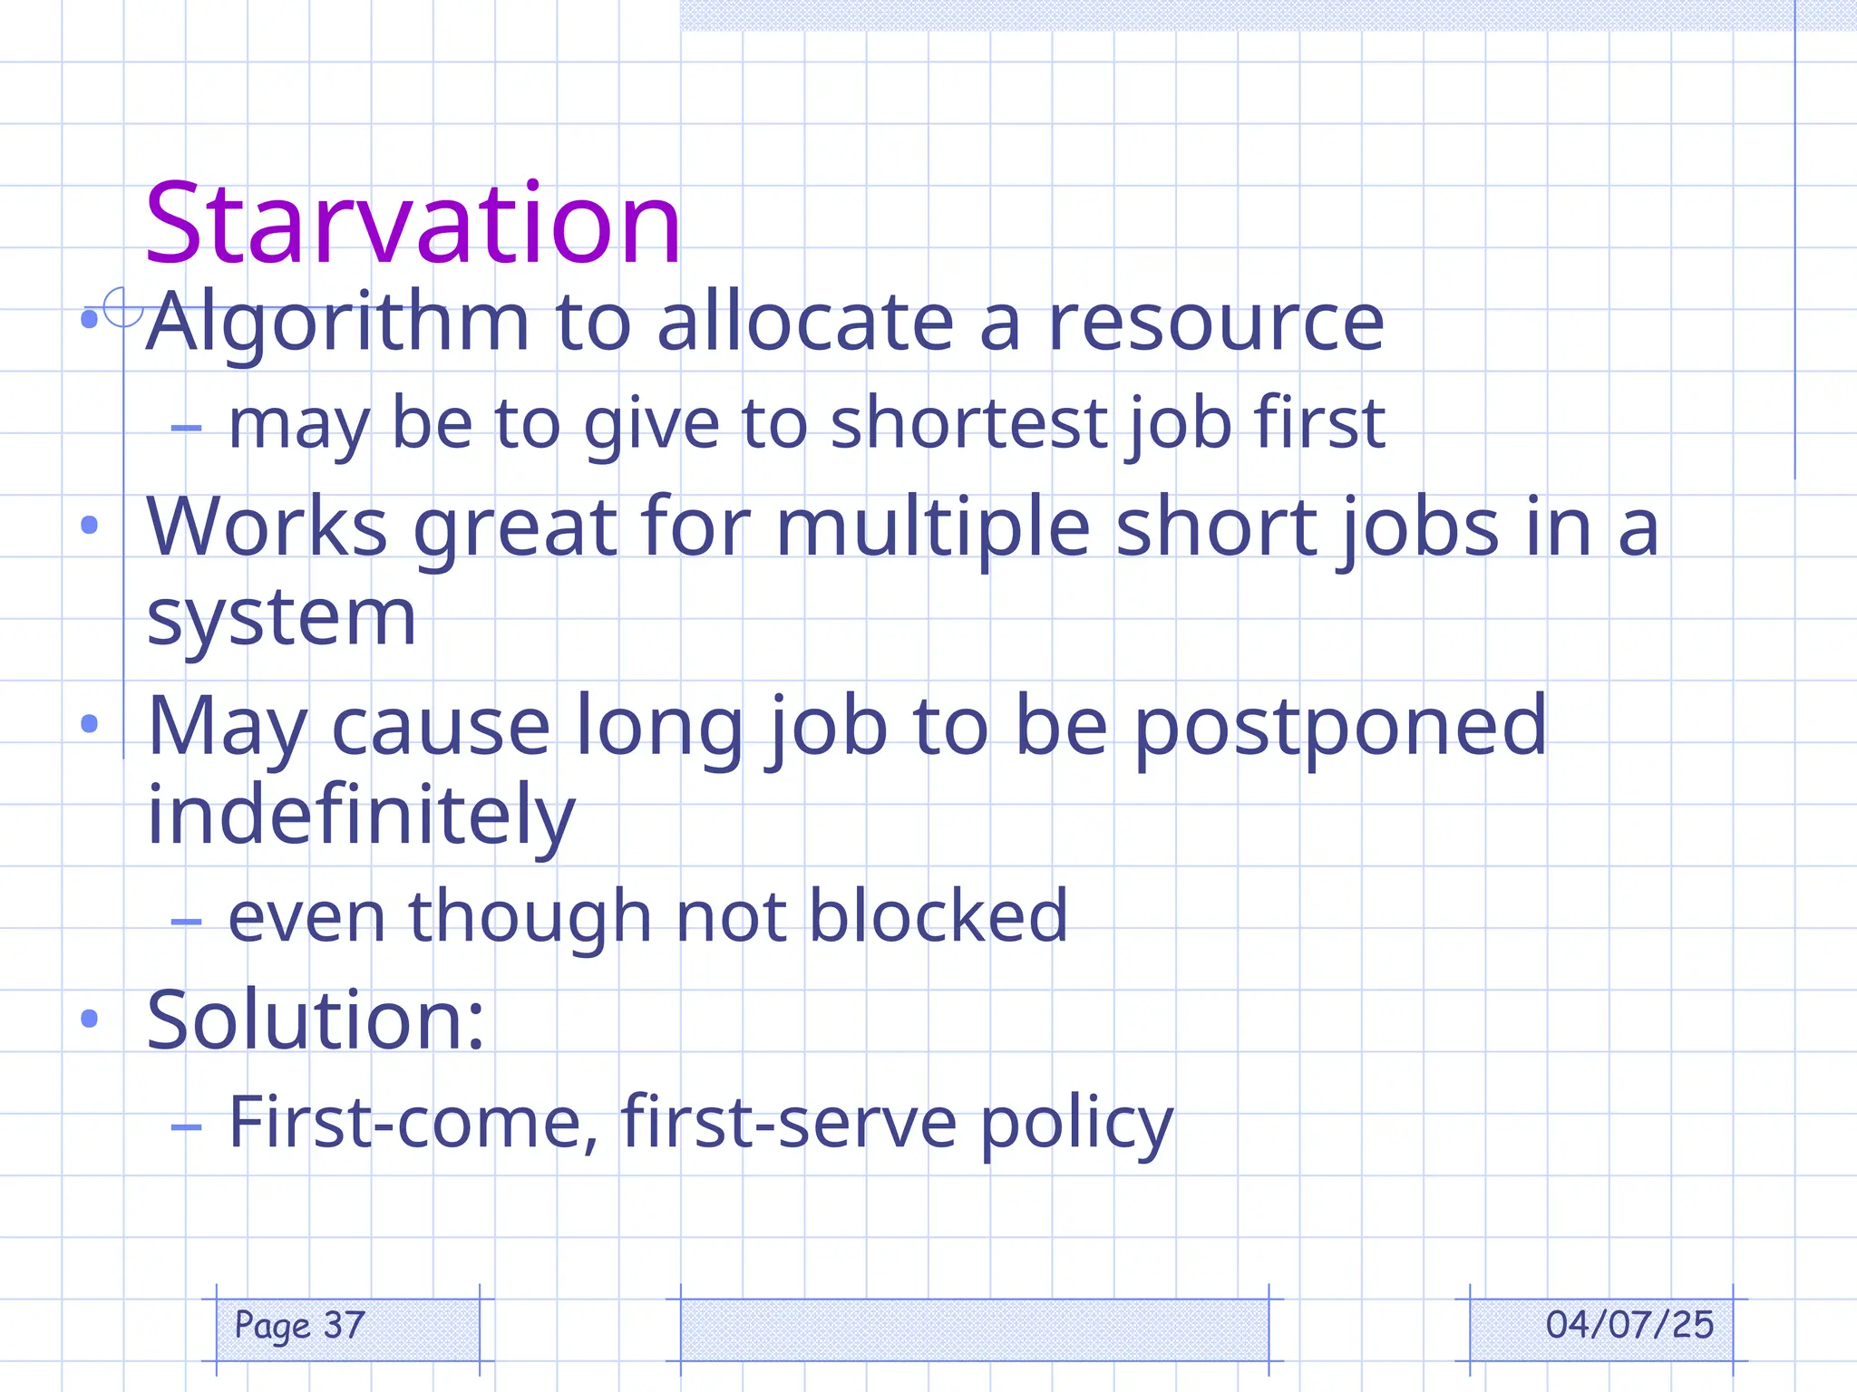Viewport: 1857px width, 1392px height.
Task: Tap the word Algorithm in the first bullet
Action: (338, 323)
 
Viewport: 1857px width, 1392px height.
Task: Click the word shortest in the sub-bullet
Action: (969, 423)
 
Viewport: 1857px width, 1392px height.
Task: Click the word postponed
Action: (1340, 726)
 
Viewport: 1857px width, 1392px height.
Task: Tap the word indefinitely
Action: (361, 815)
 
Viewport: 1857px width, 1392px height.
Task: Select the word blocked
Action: (938, 916)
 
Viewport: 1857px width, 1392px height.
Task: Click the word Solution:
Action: (316, 1020)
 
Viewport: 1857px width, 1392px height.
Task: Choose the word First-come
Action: (413, 1122)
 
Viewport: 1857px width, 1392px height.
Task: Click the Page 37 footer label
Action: (300, 1326)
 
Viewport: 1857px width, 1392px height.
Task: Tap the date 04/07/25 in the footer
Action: (1629, 1325)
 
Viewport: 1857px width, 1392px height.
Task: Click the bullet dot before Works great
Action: (89, 525)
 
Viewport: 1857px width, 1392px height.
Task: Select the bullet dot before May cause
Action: (89, 723)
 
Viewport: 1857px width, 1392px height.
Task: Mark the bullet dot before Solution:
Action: (89, 1019)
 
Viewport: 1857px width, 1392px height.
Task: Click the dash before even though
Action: (186, 922)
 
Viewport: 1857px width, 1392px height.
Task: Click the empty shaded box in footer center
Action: (974, 1329)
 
